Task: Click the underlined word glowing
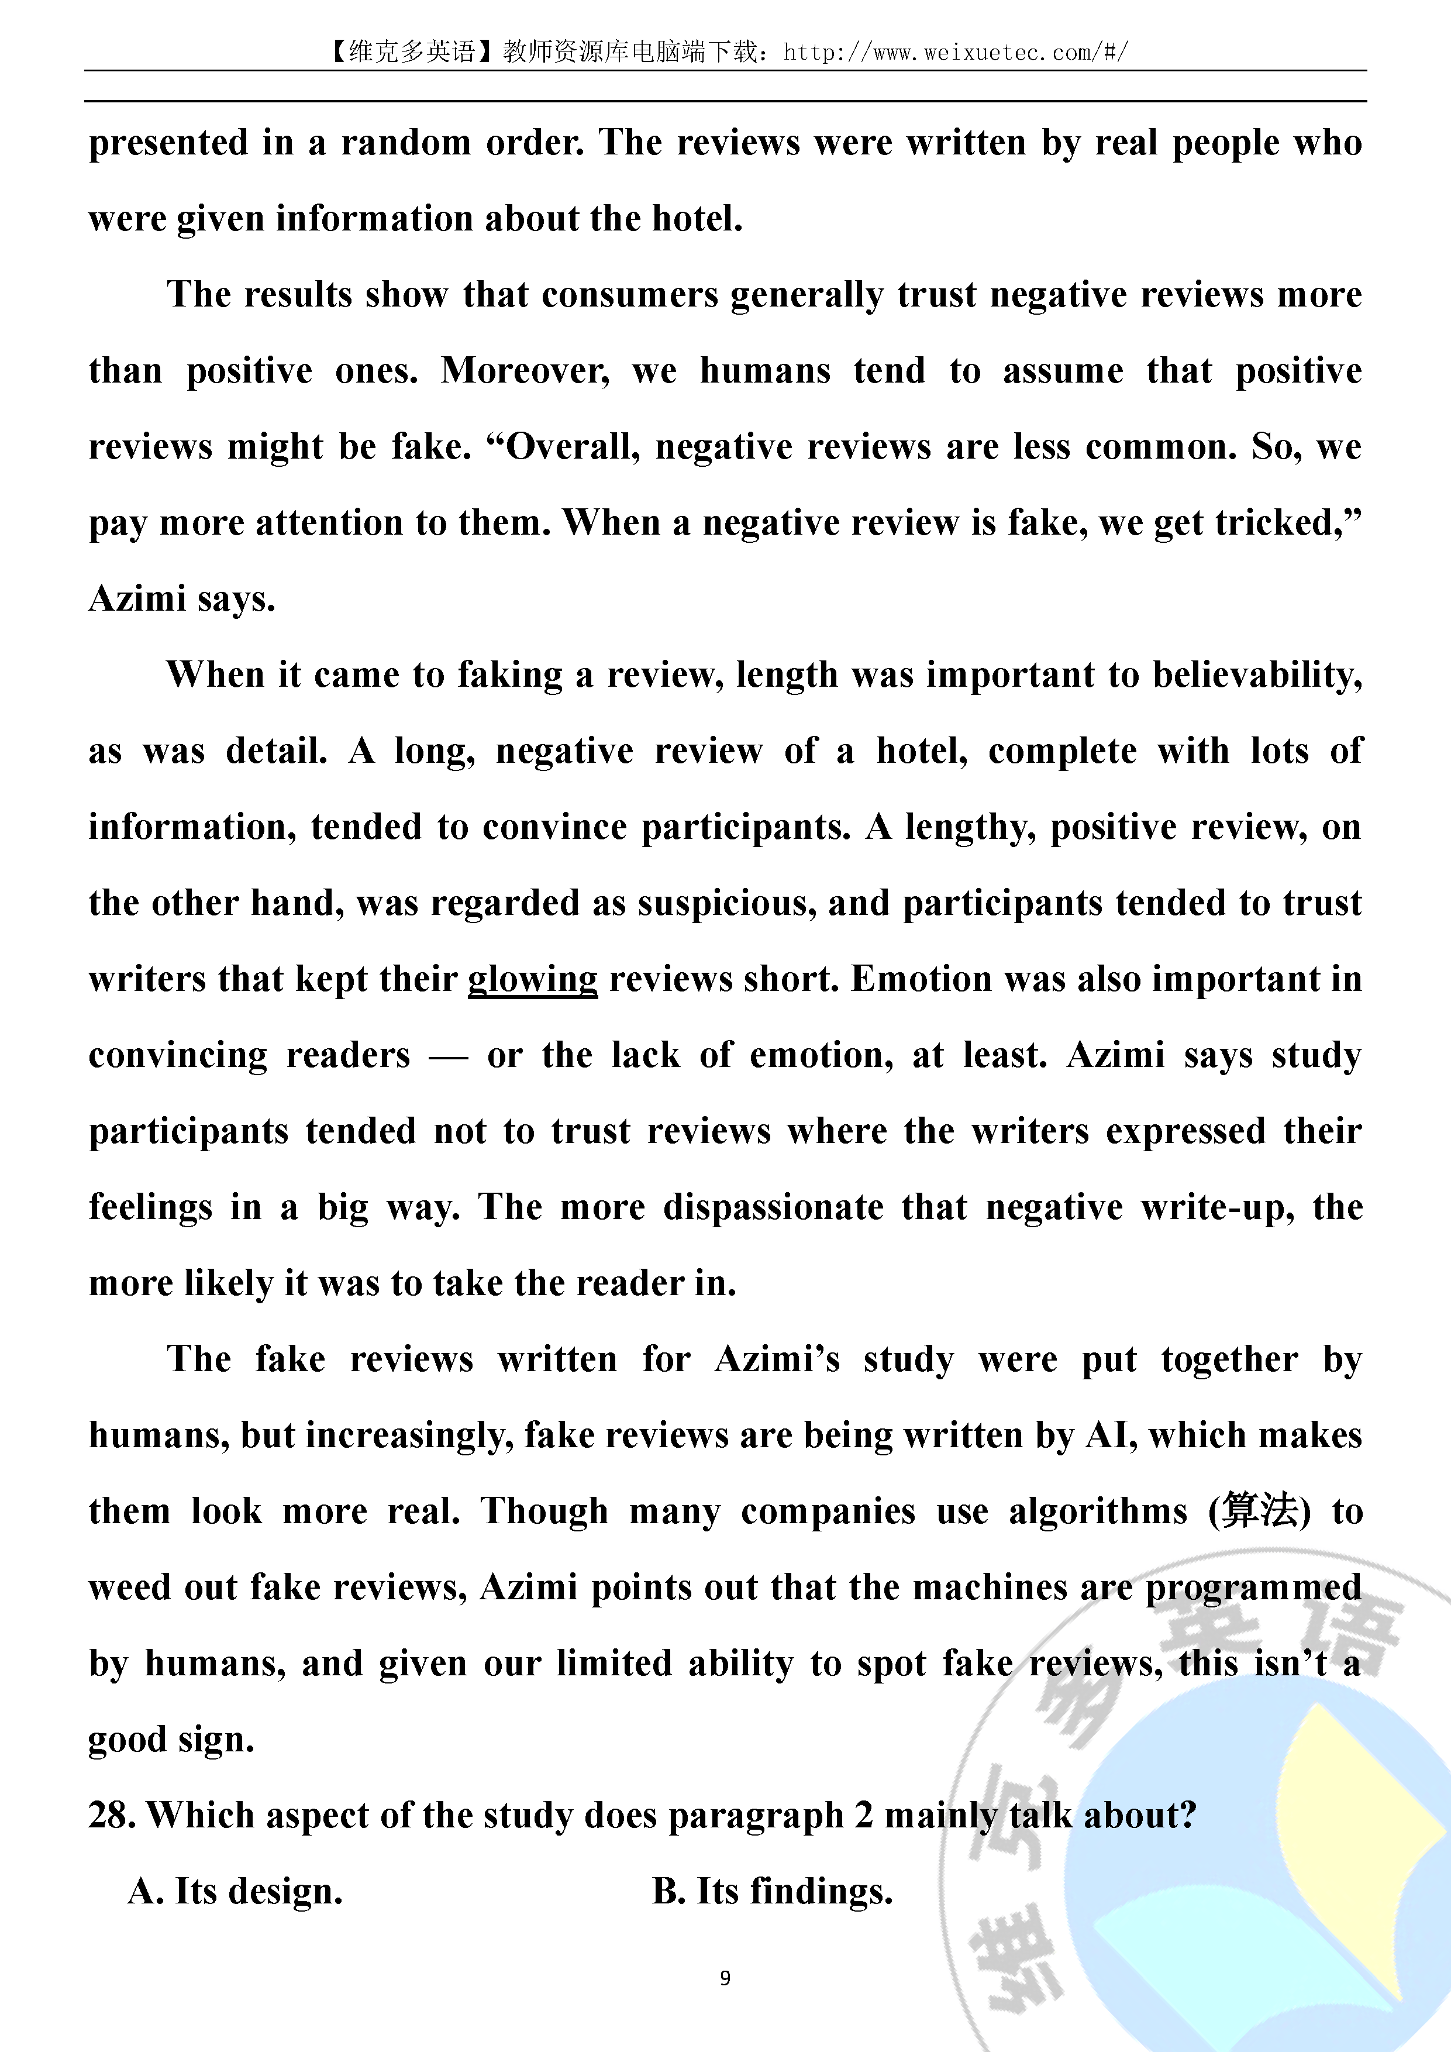533,980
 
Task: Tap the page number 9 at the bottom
725,1978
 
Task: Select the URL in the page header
955,53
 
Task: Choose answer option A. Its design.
235,1891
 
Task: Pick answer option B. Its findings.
773,1891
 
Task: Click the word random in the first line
406,143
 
